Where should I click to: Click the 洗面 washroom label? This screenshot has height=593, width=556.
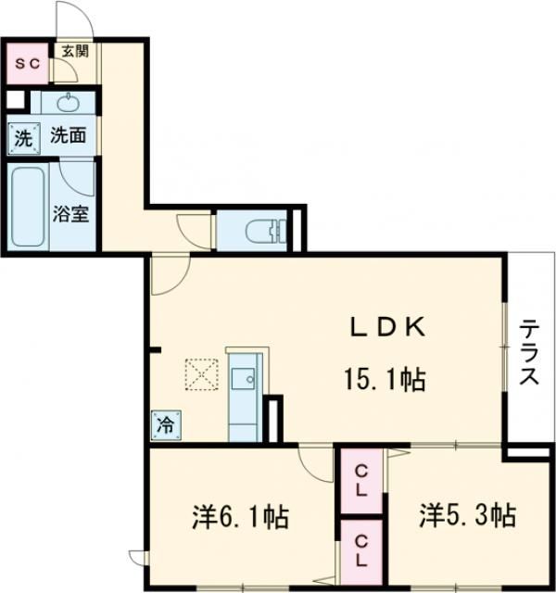coord(68,135)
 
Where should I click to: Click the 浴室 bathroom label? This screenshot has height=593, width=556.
coord(70,214)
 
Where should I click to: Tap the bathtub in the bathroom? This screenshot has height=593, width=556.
coord(29,207)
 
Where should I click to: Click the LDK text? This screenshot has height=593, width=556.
coord(386,326)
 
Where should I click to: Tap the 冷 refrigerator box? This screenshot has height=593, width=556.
coord(164,425)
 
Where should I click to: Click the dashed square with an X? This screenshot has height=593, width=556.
coord(200,375)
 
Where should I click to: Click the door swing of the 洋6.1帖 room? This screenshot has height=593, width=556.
coord(315,464)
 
